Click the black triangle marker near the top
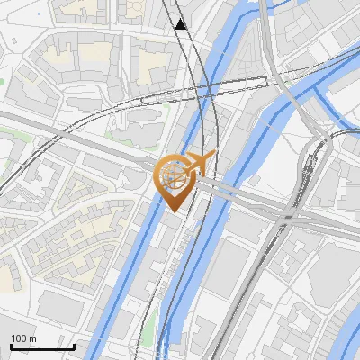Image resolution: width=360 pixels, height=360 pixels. [183, 24]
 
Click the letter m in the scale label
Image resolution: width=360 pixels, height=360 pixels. [32, 338]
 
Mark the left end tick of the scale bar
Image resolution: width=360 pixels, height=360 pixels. [11, 345]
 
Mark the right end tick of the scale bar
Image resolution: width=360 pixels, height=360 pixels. [74, 345]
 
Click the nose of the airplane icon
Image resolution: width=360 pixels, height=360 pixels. [214, 156]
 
